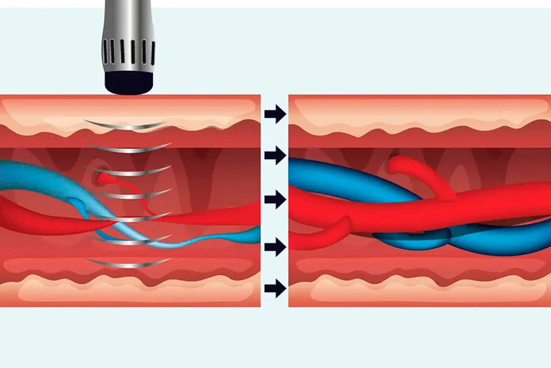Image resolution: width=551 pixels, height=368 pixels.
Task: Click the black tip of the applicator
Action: point(128,83)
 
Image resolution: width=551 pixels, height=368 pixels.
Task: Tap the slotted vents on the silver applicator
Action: point(127,54)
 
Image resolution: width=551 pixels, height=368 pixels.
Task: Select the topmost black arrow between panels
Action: point(275,114)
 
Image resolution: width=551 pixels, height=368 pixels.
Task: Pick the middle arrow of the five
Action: point(275,200)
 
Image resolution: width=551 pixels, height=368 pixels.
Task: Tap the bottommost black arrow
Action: point(275,288)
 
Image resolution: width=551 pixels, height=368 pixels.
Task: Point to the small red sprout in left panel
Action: point(110,178)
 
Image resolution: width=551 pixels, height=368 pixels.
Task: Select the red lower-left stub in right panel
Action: point(320,238)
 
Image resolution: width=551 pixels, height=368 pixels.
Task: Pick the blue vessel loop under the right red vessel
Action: point(413,241)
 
